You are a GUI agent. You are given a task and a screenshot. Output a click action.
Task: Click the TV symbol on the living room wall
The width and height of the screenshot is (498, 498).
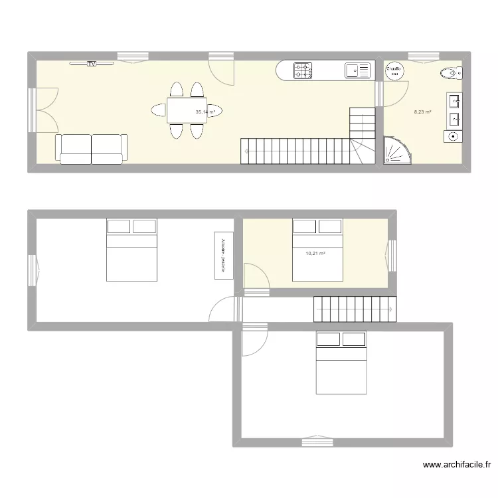tap(92, 64)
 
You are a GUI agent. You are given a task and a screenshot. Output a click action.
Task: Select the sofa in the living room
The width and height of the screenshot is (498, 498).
tap(91, 148)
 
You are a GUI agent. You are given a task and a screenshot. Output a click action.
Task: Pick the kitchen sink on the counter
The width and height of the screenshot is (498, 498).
tap(357, 69)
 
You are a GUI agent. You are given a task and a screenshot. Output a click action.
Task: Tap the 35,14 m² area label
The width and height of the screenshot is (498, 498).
tap(205, 112)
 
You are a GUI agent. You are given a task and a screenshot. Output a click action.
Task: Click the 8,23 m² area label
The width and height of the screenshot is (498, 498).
tap(423, 112)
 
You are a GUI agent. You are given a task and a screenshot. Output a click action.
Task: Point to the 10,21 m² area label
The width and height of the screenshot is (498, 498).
tap(315, 253)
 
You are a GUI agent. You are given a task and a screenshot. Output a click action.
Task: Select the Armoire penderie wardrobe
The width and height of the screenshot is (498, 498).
tap(222, 253)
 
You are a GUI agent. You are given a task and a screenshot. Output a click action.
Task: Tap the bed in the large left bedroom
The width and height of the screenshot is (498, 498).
tap(131, 250)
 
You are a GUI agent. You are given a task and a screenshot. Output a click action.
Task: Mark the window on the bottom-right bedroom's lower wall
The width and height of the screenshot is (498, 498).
tap(316, 439)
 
